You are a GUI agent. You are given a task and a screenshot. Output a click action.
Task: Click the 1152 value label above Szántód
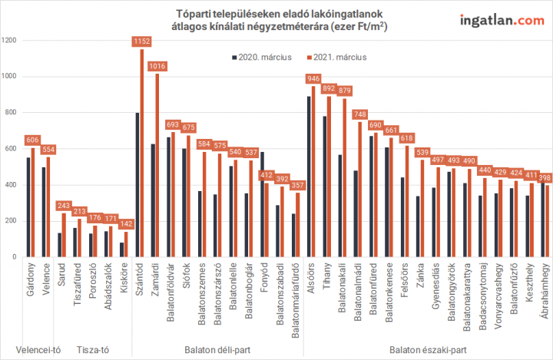[142, 41]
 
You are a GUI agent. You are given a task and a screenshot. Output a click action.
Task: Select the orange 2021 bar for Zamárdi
[157, 165]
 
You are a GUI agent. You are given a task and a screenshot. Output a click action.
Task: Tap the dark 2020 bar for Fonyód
[262, 204]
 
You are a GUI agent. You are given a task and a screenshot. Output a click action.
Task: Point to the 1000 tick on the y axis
[8, 76]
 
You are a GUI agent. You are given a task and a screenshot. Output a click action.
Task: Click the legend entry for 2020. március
[262, 57]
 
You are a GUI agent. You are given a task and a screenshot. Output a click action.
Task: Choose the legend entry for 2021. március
[337, 57]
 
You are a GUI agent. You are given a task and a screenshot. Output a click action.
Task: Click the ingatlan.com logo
[502, 20]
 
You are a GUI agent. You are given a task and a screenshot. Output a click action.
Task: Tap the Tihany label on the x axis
[327, 276]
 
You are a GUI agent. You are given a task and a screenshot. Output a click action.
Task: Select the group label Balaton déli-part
[217, 350]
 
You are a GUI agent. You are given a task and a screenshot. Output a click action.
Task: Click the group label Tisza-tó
[93, 350]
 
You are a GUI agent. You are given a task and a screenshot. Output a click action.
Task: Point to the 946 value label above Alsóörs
[313, 78]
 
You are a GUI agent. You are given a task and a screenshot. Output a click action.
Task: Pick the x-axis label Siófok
[187, 276]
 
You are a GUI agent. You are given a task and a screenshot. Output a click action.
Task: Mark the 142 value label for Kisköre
[126, 223]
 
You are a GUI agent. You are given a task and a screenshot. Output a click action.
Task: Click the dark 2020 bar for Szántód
[137, 185]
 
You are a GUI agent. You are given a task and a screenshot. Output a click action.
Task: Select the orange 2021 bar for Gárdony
[33, 203]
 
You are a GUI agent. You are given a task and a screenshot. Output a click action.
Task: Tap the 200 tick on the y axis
[10, 221]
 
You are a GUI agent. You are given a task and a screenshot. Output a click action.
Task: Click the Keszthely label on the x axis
[529, 282]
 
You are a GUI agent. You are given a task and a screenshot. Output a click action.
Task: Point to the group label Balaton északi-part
[428, 350]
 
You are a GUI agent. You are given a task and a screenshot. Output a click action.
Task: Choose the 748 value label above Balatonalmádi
[359, 114]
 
